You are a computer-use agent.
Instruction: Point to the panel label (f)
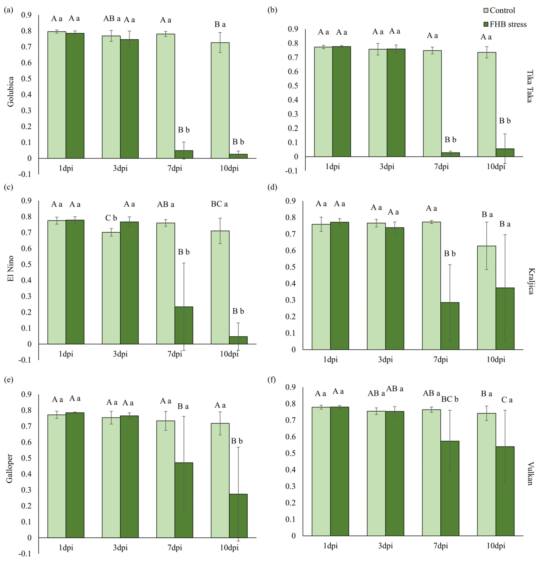tap(271, 380)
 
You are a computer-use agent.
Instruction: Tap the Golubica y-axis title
tap(10, 92)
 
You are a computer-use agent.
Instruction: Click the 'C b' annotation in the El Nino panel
tap(111, 218)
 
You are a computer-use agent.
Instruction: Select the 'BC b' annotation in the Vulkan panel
tap(450, 399)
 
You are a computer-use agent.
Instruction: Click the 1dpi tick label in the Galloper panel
tap(66, 548)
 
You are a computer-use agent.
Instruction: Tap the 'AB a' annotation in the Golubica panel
tap(112, 19)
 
